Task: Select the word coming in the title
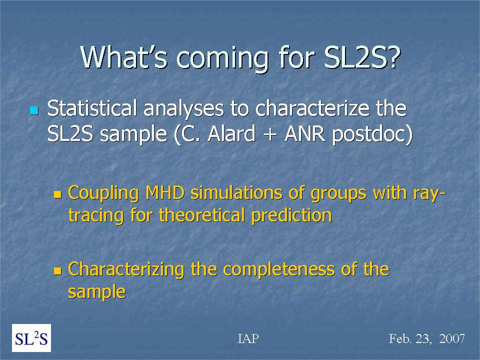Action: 222,60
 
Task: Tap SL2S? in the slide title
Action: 362,57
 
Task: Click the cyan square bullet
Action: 34,110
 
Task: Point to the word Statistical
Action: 92,108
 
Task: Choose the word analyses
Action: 184,109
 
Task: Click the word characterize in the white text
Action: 312,108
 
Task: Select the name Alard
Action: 231,134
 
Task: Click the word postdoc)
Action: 372,135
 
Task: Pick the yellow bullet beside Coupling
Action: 57,194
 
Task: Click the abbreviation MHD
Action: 165,193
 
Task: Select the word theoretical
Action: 202,215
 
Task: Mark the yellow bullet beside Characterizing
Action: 57,270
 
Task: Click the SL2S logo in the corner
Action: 31,338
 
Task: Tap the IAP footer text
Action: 248,338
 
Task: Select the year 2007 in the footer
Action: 452,338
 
